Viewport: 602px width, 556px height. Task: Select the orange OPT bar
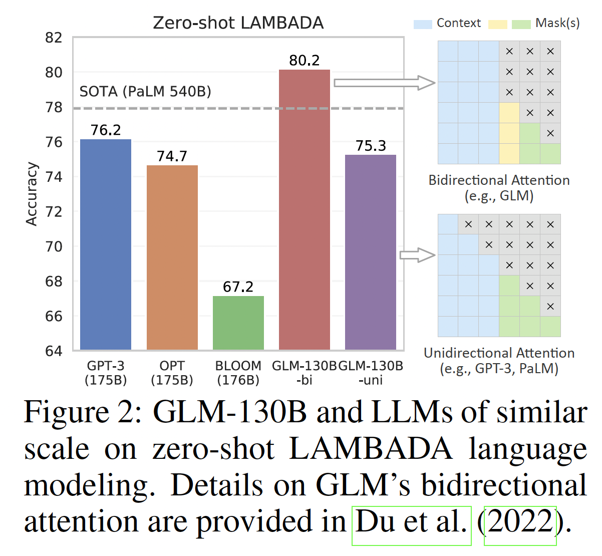172,257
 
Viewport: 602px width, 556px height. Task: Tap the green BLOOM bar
238,323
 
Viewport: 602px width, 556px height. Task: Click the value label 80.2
305,61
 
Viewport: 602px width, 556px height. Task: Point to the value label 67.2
238,287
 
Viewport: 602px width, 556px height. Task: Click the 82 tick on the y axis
54,38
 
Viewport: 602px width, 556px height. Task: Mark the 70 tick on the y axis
54,246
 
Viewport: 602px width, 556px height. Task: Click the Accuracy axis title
32,194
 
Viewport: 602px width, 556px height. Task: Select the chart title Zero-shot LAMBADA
238,23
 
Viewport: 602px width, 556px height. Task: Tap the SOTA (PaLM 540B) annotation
145,92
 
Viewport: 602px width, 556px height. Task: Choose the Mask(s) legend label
557,24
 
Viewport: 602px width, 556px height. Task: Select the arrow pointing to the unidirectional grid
417,255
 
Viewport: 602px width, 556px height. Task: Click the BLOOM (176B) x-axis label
238,373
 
